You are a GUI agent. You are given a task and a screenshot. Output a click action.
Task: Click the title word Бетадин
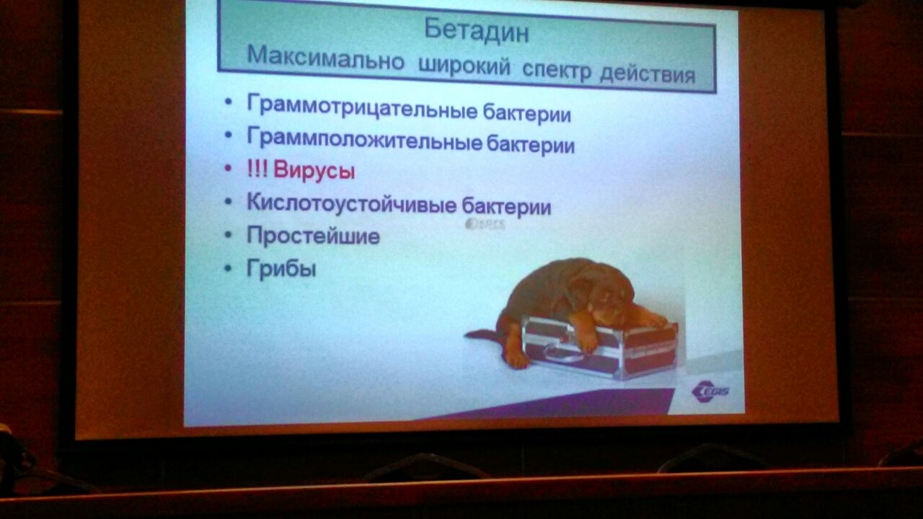[x=477, y=30]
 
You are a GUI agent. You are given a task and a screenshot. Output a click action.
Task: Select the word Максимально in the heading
[x=325, y=58]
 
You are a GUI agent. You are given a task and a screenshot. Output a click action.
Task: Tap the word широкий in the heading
[x=464, y=66]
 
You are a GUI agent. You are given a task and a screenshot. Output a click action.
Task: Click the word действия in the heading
[x=648, y=74]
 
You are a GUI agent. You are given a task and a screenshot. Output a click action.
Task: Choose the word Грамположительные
[x=364, y=139]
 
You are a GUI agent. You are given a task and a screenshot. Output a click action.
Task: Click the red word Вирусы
[x=314, y=170]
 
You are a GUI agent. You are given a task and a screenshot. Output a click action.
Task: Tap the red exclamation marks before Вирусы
[x=257, y=169]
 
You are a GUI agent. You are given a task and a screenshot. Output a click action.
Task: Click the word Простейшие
[x=313, y=236]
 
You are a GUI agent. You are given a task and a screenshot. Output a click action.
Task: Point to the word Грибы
[x=281, y=268]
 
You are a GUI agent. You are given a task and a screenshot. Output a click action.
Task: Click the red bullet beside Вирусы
[x=228, y=168]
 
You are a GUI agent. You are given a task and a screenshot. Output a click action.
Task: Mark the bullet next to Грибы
[x=228, y=269]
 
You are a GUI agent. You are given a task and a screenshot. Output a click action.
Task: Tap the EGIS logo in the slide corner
[x=710, y=391]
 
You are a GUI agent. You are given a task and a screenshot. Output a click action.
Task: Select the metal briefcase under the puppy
[x=599, y=347]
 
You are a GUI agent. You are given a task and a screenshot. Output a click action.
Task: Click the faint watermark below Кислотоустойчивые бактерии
[x=485, y=224]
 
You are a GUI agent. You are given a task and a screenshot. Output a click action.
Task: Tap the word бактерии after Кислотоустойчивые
[x=506, y=205]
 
